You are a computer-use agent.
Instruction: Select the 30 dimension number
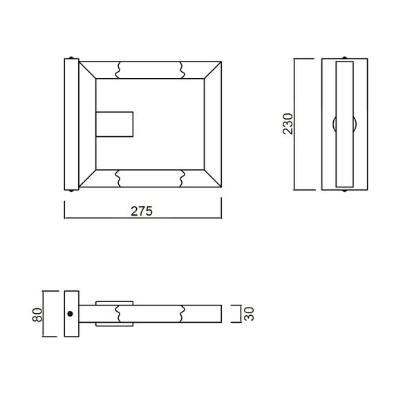[250, 314]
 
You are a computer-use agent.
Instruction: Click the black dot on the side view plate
[71, 314]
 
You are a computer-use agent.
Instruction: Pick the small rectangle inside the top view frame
[114, 124]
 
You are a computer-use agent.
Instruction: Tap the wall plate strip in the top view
[71, 124]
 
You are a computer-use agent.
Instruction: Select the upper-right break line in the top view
[182, 69]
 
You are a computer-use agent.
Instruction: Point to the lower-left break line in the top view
[120, 178]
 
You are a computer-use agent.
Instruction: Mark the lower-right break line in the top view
[182, 178]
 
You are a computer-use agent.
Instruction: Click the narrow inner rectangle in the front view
[344, 124]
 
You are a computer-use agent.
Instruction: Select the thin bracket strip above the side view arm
[114, 302]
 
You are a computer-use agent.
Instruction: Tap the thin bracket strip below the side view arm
[114, 324]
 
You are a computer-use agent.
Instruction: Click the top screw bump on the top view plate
[71, 57]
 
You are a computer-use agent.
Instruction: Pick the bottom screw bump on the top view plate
[71, 190]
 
